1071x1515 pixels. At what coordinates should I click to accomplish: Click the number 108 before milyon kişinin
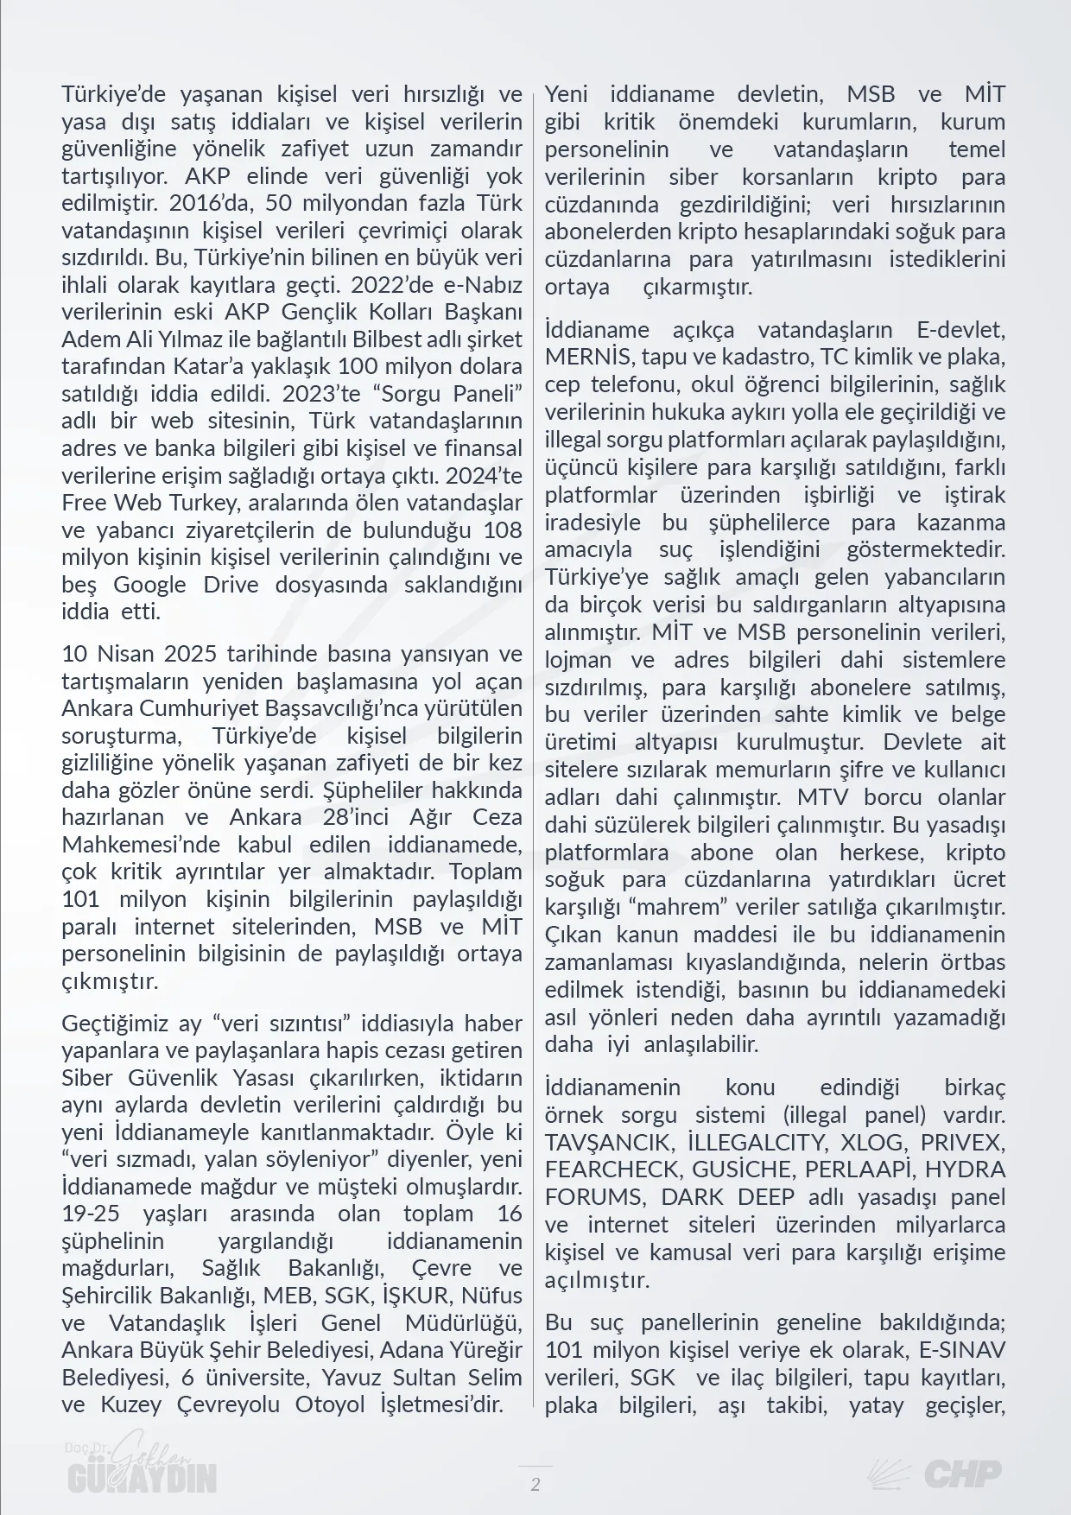(503, 530)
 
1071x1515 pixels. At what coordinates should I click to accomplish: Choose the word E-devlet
(954, 330)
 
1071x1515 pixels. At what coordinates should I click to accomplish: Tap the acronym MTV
(825, 797)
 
